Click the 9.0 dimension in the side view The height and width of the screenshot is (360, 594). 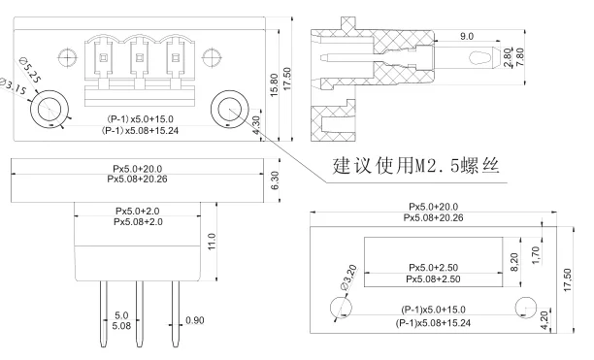click(467, 36)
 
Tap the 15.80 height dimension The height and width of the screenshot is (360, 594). click(275, 84)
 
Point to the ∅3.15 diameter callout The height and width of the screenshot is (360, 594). click(13, 86)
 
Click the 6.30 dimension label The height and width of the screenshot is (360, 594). click(276, 180)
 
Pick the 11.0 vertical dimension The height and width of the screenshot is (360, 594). click(212, 242)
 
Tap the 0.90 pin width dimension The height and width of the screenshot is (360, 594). click(195, 320)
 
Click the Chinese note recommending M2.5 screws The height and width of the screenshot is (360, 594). click(416, 165)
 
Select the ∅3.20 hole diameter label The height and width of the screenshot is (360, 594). click(348, 278)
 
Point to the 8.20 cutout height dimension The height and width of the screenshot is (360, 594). click(514, 262)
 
